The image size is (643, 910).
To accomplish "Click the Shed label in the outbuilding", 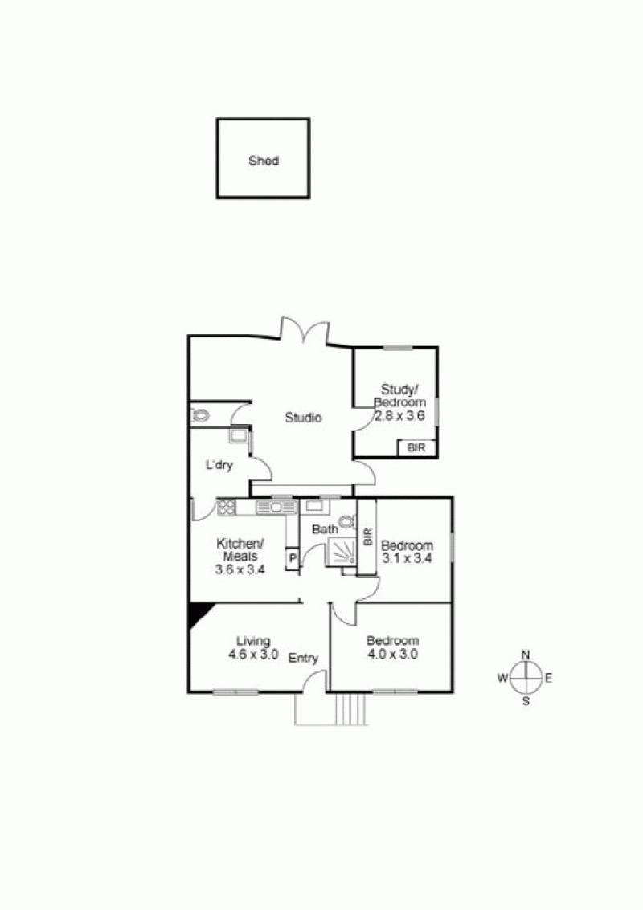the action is [x=264, y=160].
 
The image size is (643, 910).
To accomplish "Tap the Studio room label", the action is [x=303, y=418].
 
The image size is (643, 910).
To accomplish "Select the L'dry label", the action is [x=219, y=464].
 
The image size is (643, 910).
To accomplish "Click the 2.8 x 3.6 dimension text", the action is [x=399, y=415].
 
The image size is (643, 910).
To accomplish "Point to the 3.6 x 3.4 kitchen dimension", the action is [x=240, y=569].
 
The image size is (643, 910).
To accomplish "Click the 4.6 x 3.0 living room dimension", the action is [x=253, y=654].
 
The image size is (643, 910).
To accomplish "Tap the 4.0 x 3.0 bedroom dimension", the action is [x=393, y=654].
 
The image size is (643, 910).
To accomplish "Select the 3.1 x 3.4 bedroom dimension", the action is [x=407, y=559].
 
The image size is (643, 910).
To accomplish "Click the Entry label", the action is [x=303, y=658].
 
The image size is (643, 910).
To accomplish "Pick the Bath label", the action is [x=325, y=529].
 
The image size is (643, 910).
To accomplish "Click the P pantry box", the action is [x=293, y=559].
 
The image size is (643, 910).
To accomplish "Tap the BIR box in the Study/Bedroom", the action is [x=416, y=448].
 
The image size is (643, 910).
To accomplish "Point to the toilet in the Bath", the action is [x=346, y=521].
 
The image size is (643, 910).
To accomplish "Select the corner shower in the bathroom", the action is [x=342, y=551].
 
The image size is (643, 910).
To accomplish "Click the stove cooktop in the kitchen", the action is [x=227, y=508].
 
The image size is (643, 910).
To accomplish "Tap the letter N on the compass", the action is [x=526, y=655].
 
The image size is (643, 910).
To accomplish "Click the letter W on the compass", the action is [x=502, y=678].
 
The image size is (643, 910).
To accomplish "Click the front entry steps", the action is [x=352, y=708].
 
